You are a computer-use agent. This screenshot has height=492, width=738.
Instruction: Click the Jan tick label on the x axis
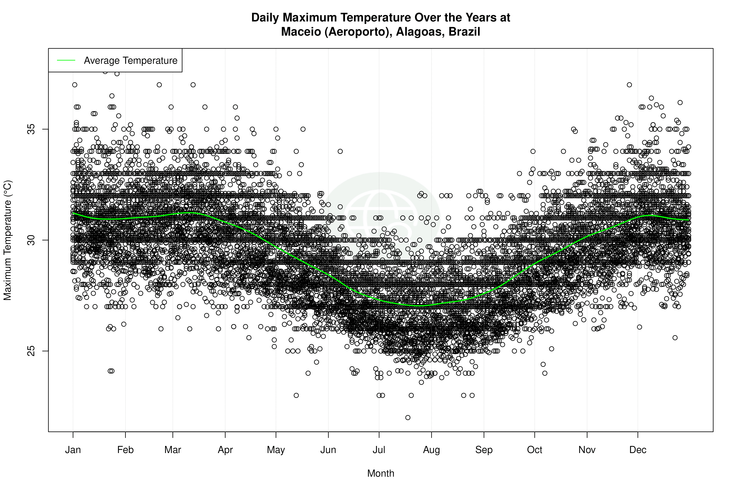pyautogui.click(x=73, y=450)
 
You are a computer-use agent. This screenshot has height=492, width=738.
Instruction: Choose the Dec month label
pyautogui.click(x=638, y=450)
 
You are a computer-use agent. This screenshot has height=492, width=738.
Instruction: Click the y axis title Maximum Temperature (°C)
pyautogui.click(x=7, y=240)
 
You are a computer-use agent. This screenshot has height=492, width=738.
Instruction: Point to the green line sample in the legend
pyautogui.click(x=66, y=60)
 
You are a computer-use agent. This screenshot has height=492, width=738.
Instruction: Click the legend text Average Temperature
pyautogui.click(x=130, y=60)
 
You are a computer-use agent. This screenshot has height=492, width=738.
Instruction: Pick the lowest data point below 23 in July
pyautogui.click(x=408, y=417)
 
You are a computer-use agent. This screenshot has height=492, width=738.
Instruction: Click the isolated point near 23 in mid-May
pyautogui.click(x=296, y=395)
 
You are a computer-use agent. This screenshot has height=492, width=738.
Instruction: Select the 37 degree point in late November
pyautogui.click(x=629, y=85)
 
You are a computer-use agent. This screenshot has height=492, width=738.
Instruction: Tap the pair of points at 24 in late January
pyautogui.click(x=111, y=371)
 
